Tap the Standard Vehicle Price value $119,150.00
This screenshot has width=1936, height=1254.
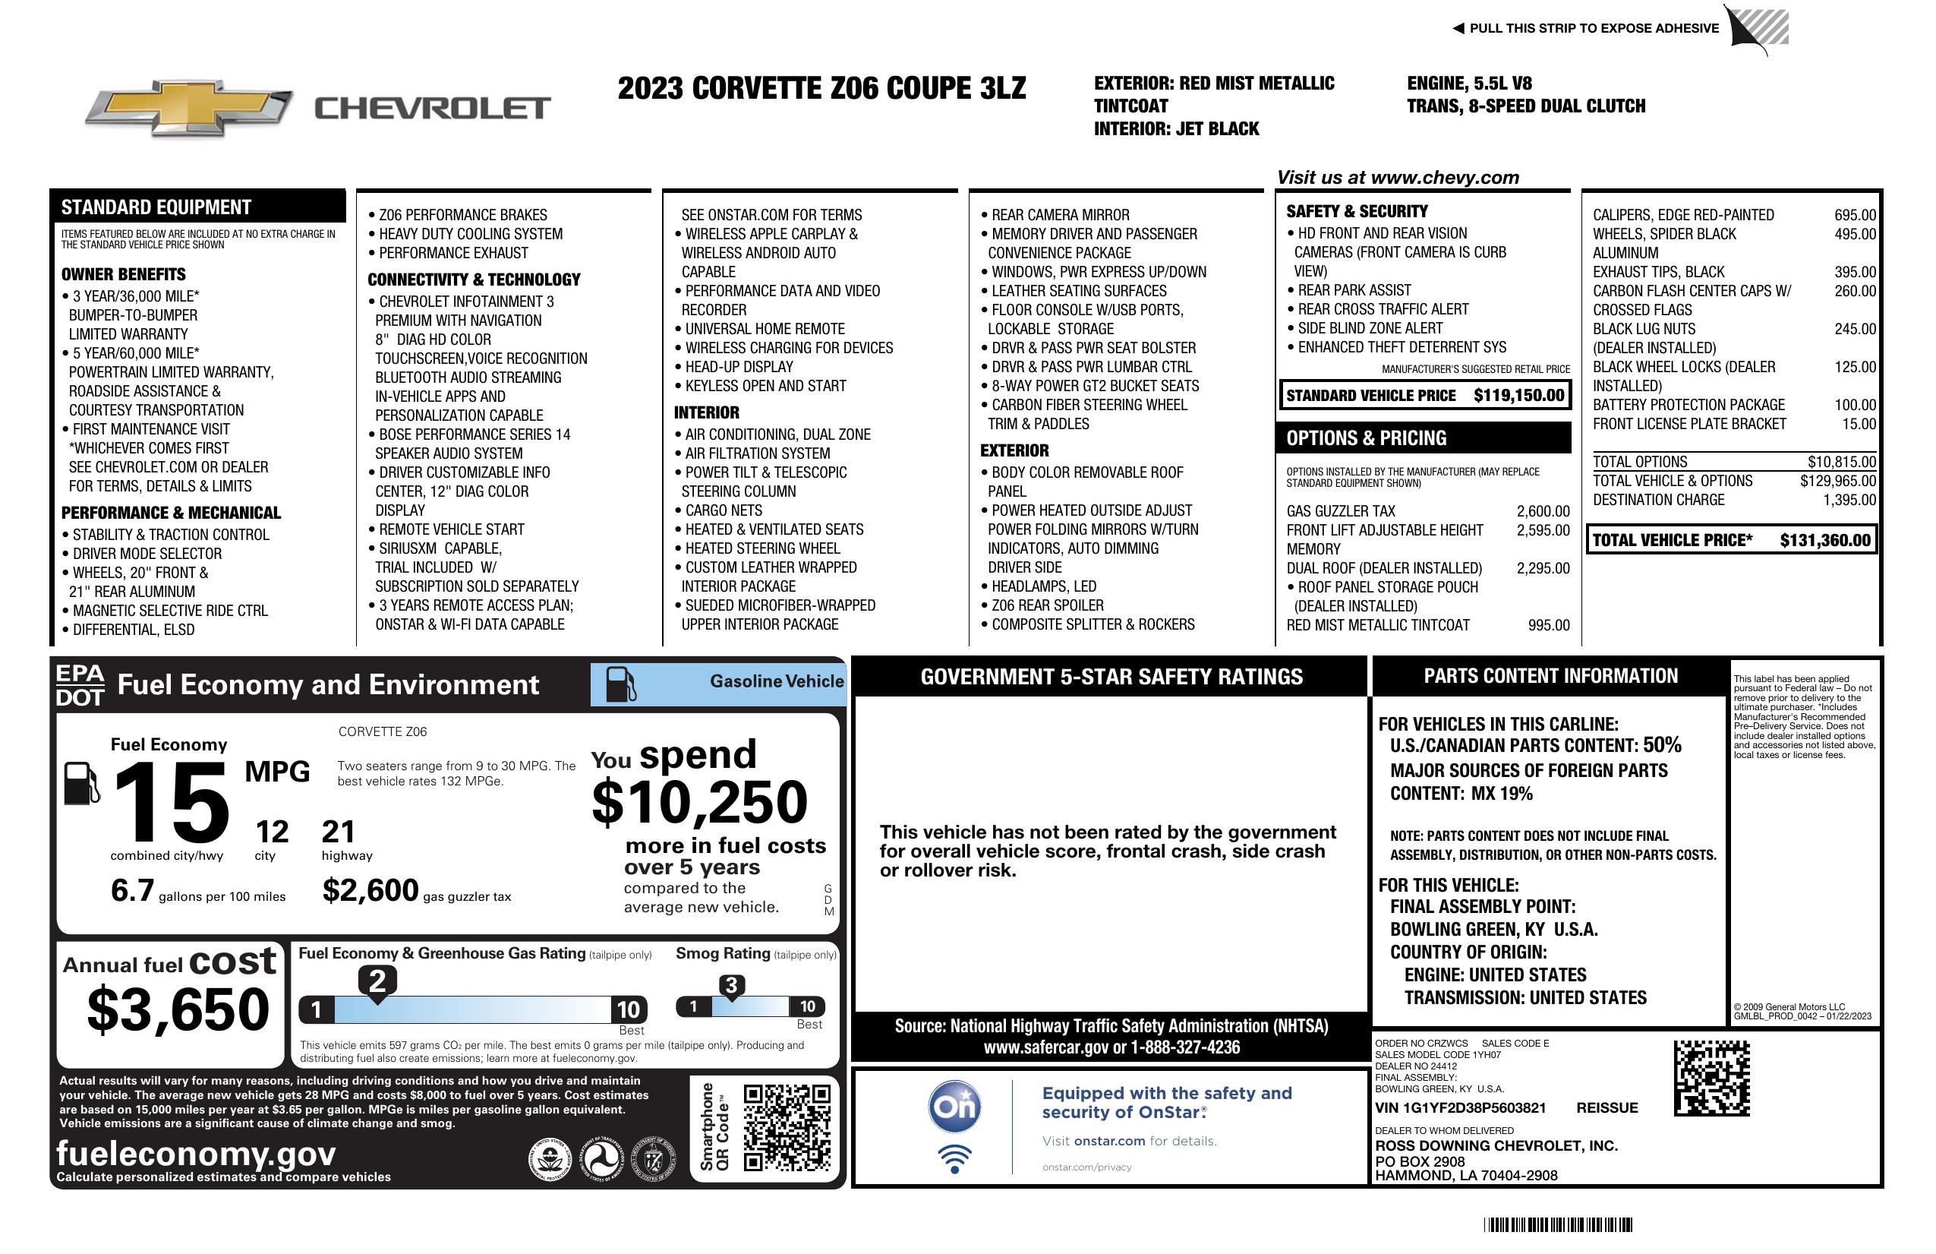pyautogui.click(x=1518, y=396)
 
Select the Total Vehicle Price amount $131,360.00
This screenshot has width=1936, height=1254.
pyautogui.click(x=1824, y=540)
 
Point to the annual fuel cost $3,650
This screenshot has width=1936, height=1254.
pyautogui.click(x=178, y=1009)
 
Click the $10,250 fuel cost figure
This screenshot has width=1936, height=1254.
pyautogui.click(x=699, y=802)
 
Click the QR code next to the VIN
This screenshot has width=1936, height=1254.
pyautogui.click(x=1711, y=1078)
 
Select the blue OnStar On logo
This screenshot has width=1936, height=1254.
pyautogui.click(x=954, y=1107)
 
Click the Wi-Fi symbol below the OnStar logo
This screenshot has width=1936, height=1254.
pyautogui.click(x=954, y=1158)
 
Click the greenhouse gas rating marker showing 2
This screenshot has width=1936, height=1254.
pyautogui.click(x=377, y=981)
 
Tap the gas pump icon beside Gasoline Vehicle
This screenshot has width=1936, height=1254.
pyautogui.click(x=621, y=684)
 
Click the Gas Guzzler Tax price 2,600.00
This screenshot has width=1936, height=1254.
pyautogui.click(x=1542, y=511)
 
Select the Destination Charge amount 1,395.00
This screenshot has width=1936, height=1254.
pyautogui.click(x=1849, y=500)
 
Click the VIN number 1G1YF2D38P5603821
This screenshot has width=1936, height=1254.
pyautogui.click(x=1460, y=1107)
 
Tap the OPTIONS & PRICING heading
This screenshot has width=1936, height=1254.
pyautogui.click(x=1366, y=438)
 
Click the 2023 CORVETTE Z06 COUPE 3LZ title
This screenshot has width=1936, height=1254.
pyautogui.click(x=821, y=88)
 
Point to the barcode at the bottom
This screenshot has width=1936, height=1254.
pyautogui.click(x=1557, y=1224)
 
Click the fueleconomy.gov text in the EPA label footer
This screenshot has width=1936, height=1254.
pyautogui.click(x=196, y=1153)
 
